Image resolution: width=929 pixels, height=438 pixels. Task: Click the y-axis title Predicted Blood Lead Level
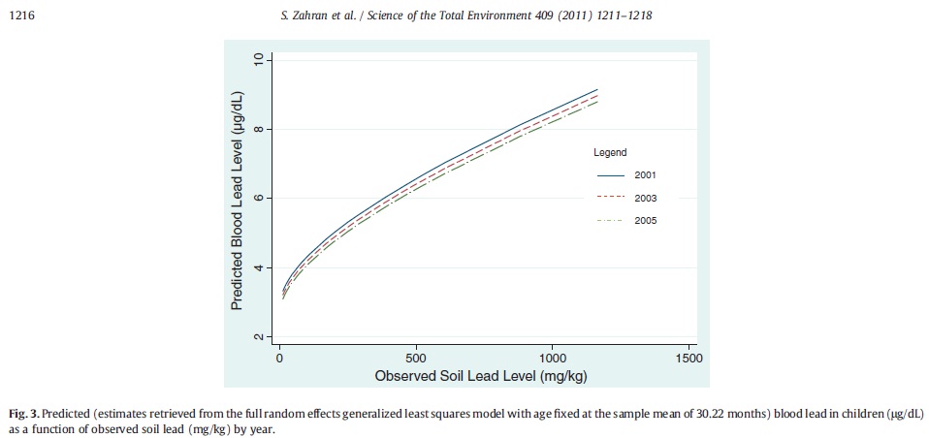(236, 200)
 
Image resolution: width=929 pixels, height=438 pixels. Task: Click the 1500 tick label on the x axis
(689, 357)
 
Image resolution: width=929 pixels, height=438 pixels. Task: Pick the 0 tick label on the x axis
(279, 357)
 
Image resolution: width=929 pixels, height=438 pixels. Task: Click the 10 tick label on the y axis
(259, 60)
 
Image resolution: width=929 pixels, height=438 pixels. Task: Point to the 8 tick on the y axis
(259, 129)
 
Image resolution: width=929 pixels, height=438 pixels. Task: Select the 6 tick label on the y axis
(259, 198)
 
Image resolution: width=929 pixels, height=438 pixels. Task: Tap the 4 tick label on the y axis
(259, 266)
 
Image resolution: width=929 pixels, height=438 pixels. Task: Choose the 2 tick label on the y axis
(259, 335)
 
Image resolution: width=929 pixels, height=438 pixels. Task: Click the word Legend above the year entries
(610, 152)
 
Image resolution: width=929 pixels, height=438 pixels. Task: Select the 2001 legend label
(645, 175)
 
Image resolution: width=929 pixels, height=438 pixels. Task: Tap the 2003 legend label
(645, 199)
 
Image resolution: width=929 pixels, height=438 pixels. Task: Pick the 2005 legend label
(645, 221)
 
